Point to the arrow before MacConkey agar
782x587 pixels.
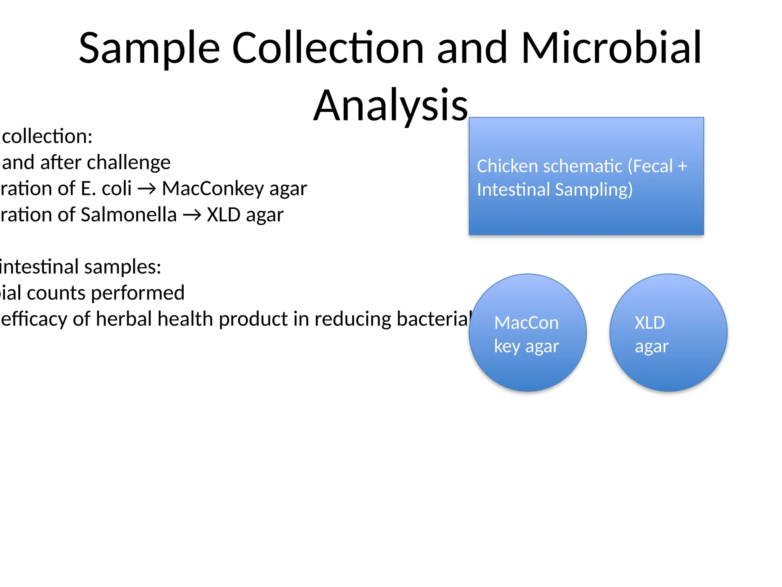tap(147, 189)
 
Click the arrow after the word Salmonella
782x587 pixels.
tap(192, 215)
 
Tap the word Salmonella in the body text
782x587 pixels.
tap(129, 214)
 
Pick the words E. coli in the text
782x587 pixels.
tap(106, 188)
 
